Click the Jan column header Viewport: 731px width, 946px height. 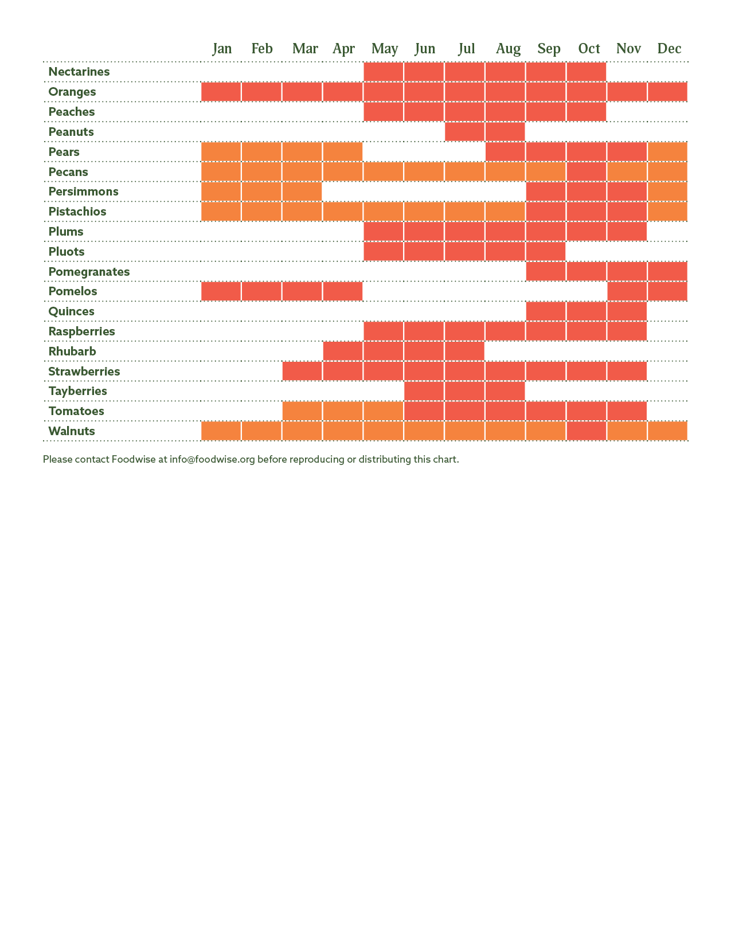coord(222,49)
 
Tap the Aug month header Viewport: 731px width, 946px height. coord(508,49)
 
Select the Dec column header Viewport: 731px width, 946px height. coord(669,49)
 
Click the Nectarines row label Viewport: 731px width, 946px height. coord(79,72)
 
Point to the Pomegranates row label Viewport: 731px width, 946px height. coord(89,272)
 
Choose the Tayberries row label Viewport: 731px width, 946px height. coord(77,391)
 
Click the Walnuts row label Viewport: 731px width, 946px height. coord(72,431)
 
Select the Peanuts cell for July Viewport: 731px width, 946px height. coord(464,132)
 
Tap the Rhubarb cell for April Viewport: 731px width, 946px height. coord(343,351)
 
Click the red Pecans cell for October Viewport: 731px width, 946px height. coord(587,172)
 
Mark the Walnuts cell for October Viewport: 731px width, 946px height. coord(587,431)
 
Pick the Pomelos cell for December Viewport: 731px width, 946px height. coord(668,291)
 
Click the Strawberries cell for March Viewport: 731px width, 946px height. coord(302,372)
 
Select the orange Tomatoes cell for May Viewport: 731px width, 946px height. coord(384,411)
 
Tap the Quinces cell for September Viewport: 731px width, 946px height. coord(546,311)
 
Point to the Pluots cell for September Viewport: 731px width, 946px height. coord(546,252)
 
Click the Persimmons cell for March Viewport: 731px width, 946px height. coord(302,191)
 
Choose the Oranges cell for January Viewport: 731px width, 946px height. coord(221,92)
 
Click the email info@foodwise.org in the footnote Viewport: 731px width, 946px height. coord(212,459)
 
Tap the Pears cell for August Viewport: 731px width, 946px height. coord(505,152)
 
